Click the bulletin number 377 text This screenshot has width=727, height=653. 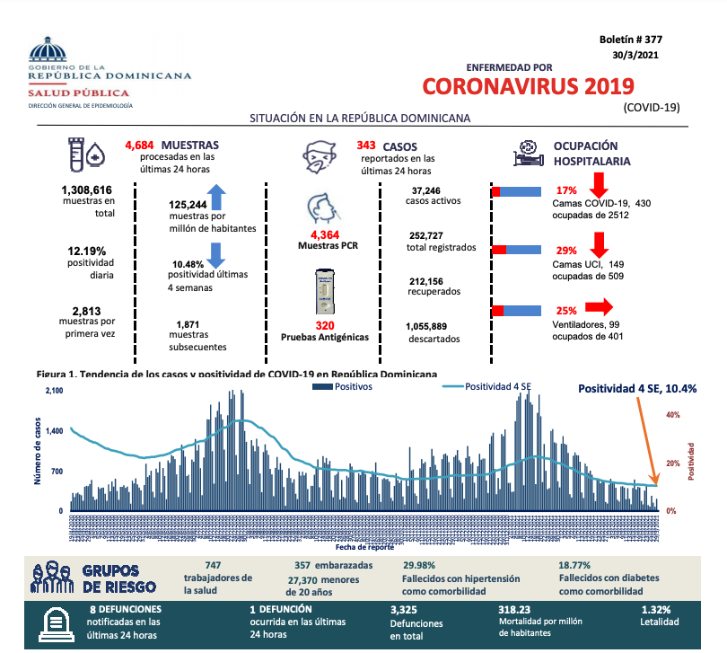click(630, 40)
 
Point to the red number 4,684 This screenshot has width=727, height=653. click(140, 145)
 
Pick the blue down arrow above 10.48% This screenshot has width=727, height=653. click(215, 254)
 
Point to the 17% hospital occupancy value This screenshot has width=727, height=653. click(566, 190)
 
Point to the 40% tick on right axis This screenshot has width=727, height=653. click(671, 415)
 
